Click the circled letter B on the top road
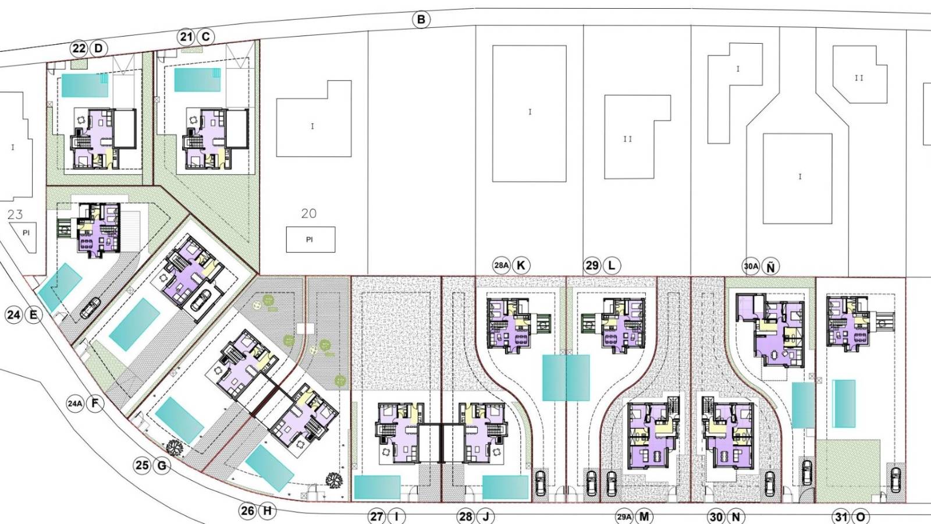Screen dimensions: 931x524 (x=421, y=20)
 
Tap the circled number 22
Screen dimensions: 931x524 (x=79, y=49)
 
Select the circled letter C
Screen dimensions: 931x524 (x=205, y=37)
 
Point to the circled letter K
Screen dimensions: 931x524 (x=521, y=265)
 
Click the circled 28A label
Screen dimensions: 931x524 (x=501, y=265)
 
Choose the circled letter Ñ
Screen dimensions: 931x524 (x=770, y=267)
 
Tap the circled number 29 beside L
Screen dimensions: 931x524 (x=592, y=265)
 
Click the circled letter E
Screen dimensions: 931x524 (x=33, y=315)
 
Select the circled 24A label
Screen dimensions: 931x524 (x=75, y=403)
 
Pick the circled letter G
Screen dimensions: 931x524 (x=162, y=465)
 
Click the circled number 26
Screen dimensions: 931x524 (x=248, y=510)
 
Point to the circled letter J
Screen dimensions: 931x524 (x=485, y=517)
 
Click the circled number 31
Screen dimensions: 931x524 (x=841, y=517)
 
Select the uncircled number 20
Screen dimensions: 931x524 (x=309, y=213)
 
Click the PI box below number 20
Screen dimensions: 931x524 (x=311, y=239)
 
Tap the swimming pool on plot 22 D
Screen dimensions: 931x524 (x=85, y=85)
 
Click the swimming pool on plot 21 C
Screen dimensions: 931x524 (x=197, y=80)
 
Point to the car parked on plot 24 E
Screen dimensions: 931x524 (x=90, y=308)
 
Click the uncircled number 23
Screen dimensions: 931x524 (x=15, y=215)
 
